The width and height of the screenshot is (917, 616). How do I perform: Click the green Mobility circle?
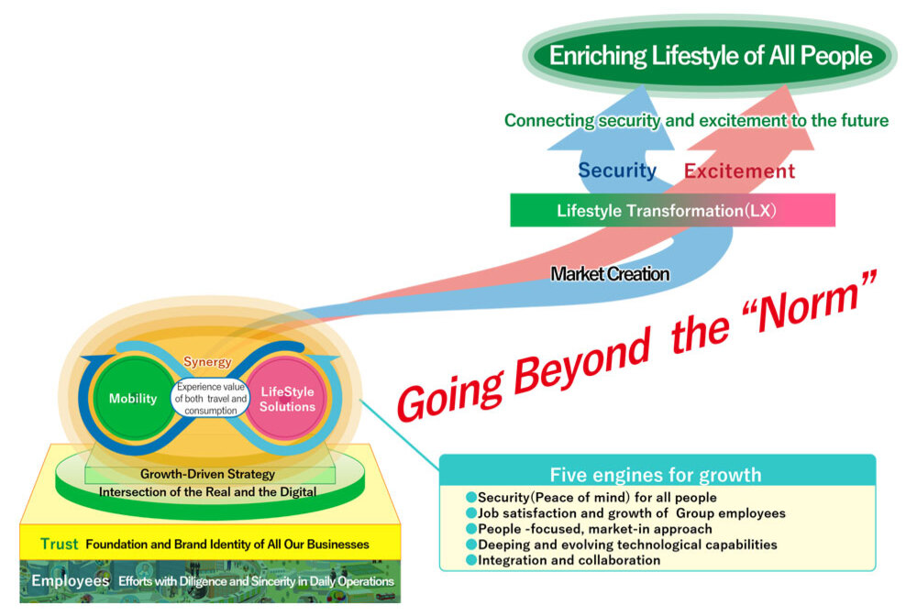point(134,399)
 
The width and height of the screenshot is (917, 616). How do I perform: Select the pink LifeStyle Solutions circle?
point(287,399)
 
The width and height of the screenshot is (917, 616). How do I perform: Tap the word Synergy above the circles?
point(207,362)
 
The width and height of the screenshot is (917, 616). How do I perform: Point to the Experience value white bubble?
point(210,400)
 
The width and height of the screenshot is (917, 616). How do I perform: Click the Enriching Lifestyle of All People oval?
point(709,56)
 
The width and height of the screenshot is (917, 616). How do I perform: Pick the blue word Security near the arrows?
point(617,170)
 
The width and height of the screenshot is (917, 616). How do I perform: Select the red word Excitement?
point(739,171)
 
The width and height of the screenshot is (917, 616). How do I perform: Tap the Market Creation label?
point(610,273)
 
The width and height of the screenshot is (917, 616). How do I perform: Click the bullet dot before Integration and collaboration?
point(471,560)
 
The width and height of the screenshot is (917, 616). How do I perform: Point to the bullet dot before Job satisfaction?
point(471,512)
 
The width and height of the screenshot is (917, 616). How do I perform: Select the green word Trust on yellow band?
point(59,544)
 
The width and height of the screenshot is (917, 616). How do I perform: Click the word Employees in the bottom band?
point(71,581)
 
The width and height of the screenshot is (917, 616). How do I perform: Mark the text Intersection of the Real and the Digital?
point(208,492)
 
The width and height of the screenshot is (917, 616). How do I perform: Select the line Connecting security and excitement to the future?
point(696,120)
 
